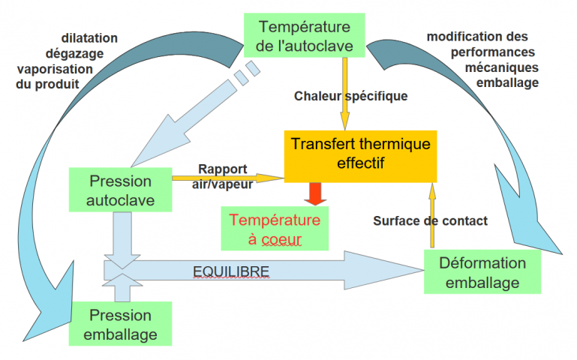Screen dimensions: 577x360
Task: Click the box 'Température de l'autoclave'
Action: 305,35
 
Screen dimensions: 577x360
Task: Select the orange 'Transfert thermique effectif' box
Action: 360,156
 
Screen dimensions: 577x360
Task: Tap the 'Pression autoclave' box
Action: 120,190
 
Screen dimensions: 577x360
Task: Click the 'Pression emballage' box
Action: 120,323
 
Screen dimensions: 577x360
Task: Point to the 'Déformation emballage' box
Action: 482,271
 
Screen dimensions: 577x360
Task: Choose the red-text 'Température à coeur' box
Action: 275,228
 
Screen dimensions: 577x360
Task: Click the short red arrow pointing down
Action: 315,193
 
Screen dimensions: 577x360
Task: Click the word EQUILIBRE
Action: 231,271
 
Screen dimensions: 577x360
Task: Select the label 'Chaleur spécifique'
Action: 350,96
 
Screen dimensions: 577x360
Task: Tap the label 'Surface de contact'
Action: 430,220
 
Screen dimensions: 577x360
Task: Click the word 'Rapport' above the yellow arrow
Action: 223,169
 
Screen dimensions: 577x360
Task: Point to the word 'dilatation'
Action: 89,38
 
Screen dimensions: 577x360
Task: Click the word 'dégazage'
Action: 75,54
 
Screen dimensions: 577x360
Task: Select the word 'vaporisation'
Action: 56,69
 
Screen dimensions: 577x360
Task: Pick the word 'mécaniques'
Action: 501,67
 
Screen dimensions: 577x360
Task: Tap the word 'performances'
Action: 493,52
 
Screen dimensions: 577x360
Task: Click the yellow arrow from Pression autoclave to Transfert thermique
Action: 228,178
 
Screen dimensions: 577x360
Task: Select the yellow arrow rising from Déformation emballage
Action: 432,215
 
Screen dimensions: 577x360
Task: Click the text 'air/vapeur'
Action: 222,184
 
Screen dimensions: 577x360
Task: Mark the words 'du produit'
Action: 47,84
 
